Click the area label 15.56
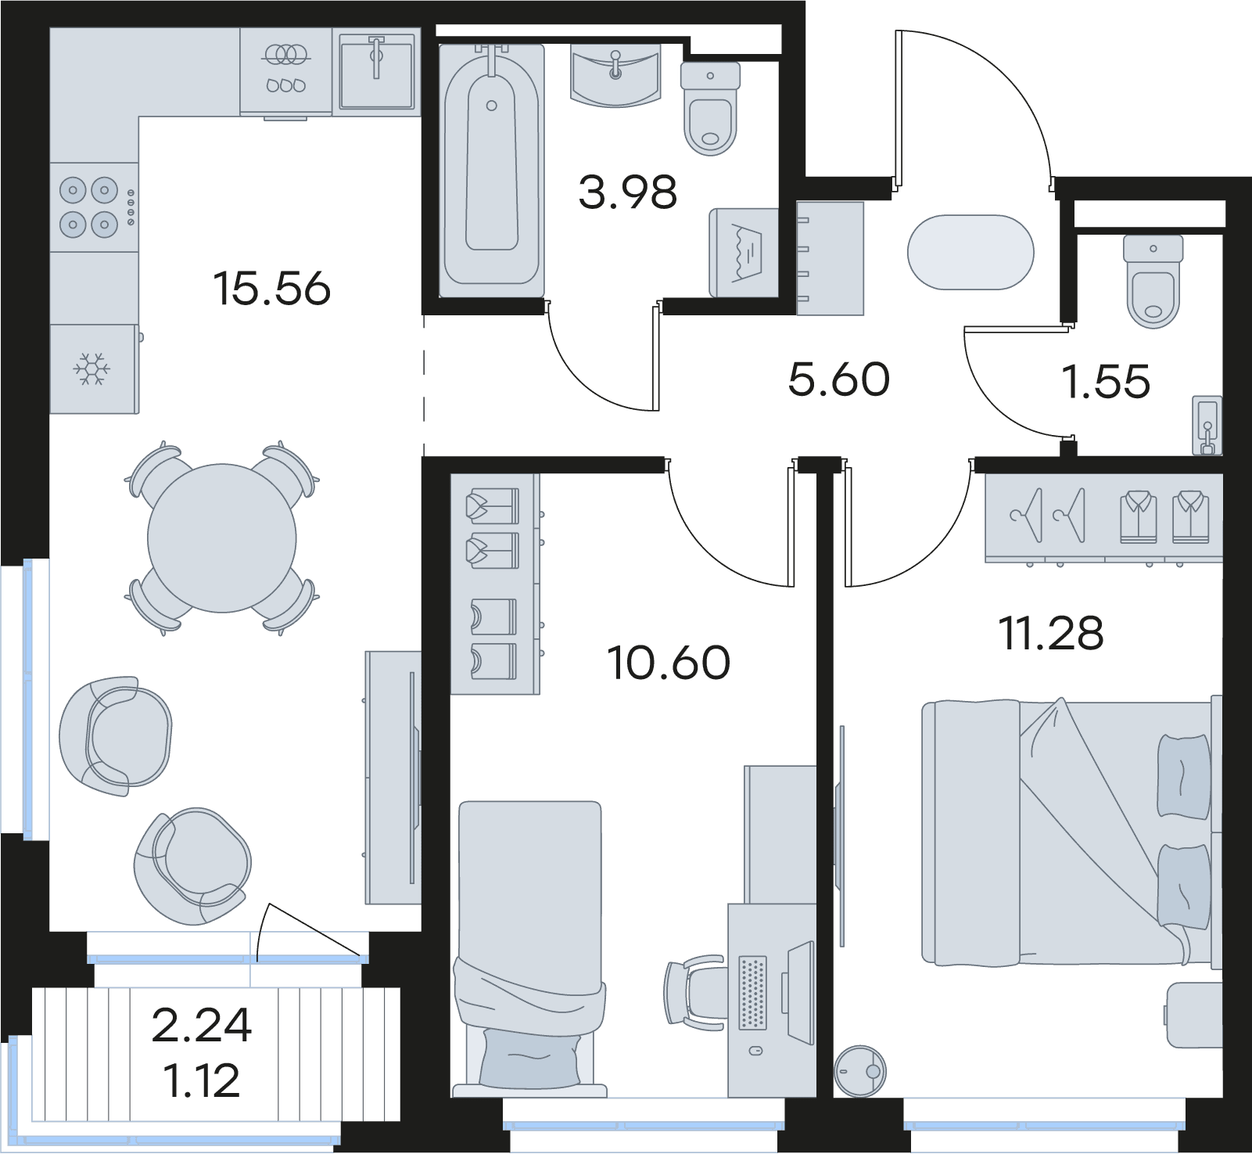pos(271,289)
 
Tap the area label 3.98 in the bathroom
pos(627,192)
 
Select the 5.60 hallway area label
pos(838,379)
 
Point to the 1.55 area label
pos(1106,383)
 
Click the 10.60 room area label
pos(669,663)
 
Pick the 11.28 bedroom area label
pos(1052,633)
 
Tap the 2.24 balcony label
pos(202,1026)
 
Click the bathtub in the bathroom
pos(492,171)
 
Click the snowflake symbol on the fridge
pos(92,368)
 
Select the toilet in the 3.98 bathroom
pos(710,109)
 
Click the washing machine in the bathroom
pos(744,253)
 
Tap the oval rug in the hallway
pos(970,253)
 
